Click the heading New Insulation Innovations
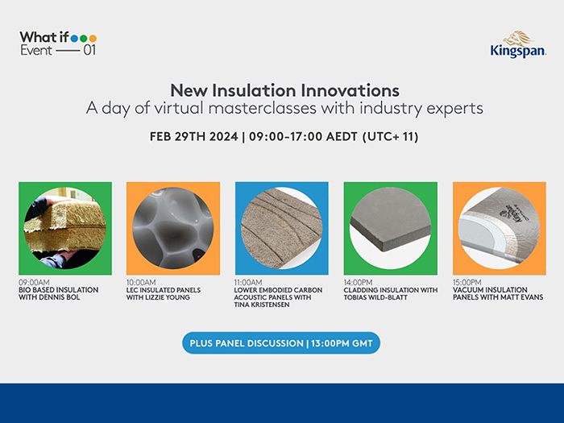pos(284,89)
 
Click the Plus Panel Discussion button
pos(281,343)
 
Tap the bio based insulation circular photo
pos(64,229)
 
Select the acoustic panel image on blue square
pos(281,229)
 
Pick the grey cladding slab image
pos(390,229)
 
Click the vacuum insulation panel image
pos(499,229)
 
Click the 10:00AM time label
pos(141,283)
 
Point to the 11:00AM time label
pos(250,283)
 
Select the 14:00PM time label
pos(359,283)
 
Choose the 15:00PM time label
pos(467,283)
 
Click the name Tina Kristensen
pos(263,305)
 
